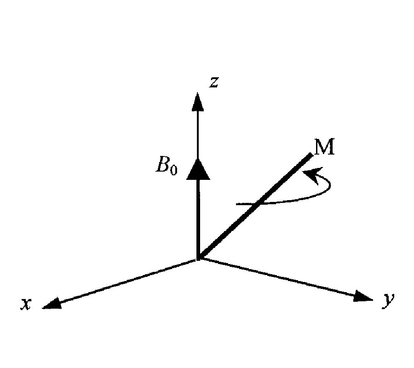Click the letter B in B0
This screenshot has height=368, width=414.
coord(163,166)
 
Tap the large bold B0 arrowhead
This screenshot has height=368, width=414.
coord(198,169)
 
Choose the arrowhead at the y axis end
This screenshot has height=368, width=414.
coord(363,297)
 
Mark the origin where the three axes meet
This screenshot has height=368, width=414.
coord(198,259)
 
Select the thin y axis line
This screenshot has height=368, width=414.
coord(281,278)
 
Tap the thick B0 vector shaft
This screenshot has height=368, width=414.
coord(198,216)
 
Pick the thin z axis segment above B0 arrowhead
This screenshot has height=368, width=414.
coord(198,133)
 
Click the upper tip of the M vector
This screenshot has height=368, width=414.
coord(311,155)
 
